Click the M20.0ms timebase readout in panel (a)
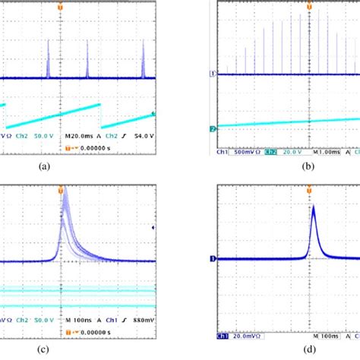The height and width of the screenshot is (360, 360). click(x=79, y=135)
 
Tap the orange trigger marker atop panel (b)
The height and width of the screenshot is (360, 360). click(x=311, y=5)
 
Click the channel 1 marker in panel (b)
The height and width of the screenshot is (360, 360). click(x=213, y=74)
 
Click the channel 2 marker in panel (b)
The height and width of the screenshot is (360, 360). click(x=213, y=130)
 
